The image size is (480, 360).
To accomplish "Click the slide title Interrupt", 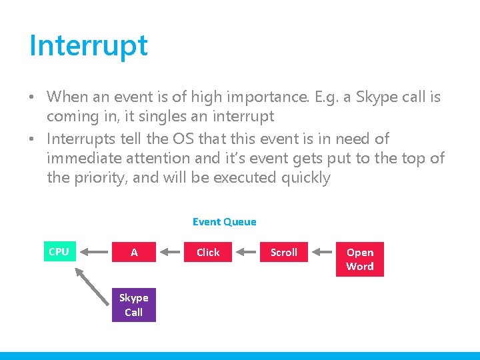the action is coord(89,45).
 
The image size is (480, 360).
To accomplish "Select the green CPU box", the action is coord(59,251).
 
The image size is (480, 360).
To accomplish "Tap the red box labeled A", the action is coord(134,252).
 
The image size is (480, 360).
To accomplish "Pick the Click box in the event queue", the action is coord(208,252).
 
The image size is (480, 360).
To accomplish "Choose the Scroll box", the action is coord(284,252).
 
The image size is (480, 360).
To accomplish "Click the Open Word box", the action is coord(360,259).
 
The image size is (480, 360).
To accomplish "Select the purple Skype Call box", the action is coord(134,305).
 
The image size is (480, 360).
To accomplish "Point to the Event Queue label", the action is coord(224,222).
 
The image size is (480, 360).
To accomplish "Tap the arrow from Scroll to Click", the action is coord(245,252).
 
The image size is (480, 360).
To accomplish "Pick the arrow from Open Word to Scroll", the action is coord(321,252).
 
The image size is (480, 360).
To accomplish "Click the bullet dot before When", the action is coord(32,97).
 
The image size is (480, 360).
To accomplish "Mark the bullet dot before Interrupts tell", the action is coord(32,139).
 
